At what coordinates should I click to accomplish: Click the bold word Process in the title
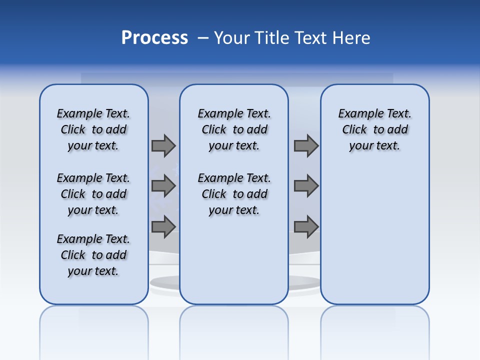coord(154,38)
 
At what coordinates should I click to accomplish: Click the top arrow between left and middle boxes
coord(163,145)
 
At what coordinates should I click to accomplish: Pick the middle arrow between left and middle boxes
coord(163,186)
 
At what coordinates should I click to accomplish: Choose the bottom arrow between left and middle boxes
coord(163,226)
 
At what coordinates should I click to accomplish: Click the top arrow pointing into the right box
coord(306,145)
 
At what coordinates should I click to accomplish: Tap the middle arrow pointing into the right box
coord(306,186)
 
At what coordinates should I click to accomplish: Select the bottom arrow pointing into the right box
coord(306,226)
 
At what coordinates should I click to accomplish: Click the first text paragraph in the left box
coord(93,129)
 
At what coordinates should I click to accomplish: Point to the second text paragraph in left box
coord(93,194)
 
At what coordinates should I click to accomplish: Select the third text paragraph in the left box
coord(93,255)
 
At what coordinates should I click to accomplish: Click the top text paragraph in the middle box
coord(234,129)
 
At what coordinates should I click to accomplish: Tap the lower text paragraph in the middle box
coord(234,194)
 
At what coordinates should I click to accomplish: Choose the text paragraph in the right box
coord(374,129)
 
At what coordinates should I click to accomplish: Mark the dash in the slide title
coord(202,38)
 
